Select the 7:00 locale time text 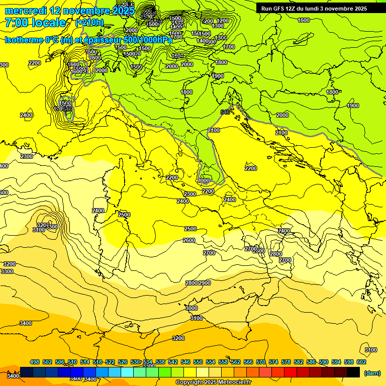point(35,23)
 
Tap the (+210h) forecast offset point(89,23)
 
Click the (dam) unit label point(372,373)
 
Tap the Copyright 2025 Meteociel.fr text point(213,382)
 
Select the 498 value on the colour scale point(35,362)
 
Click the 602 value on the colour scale point(361,362)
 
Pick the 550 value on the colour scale point(198,362)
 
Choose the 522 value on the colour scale point(110,362)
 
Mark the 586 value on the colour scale point(311,362)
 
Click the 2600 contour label point(189,241)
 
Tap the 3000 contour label point(191,308)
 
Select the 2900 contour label point(205,283)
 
